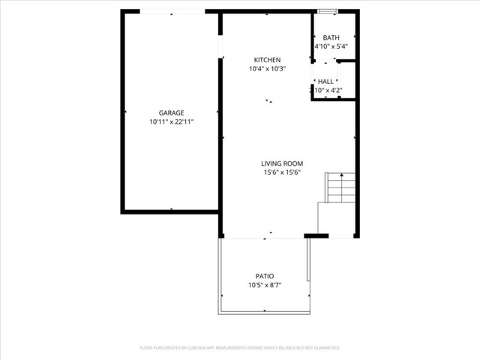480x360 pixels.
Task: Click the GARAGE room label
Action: point(171,112)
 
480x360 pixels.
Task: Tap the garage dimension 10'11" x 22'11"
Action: point(171,121)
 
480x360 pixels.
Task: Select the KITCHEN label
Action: point(267,60)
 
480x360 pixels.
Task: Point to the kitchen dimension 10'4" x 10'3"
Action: point(267,69)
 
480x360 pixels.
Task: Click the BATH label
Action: point(331,37)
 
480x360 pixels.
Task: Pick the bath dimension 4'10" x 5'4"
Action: point(331,46)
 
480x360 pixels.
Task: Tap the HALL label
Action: point(326,82)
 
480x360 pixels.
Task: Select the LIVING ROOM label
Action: point(282,163)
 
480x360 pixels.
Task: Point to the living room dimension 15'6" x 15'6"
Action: point(282,172)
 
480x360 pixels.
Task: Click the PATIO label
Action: point(264,276)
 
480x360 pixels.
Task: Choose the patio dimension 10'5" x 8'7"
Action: point(264,285)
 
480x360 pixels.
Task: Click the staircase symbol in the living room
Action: point(340,187)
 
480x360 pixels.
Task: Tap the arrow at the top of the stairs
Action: point(342,175)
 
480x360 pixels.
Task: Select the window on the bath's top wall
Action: point(326,11)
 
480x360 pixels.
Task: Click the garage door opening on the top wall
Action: point(172,11)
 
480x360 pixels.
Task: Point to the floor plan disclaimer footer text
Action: point(240,348)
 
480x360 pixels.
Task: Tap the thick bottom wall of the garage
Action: point(171,211)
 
